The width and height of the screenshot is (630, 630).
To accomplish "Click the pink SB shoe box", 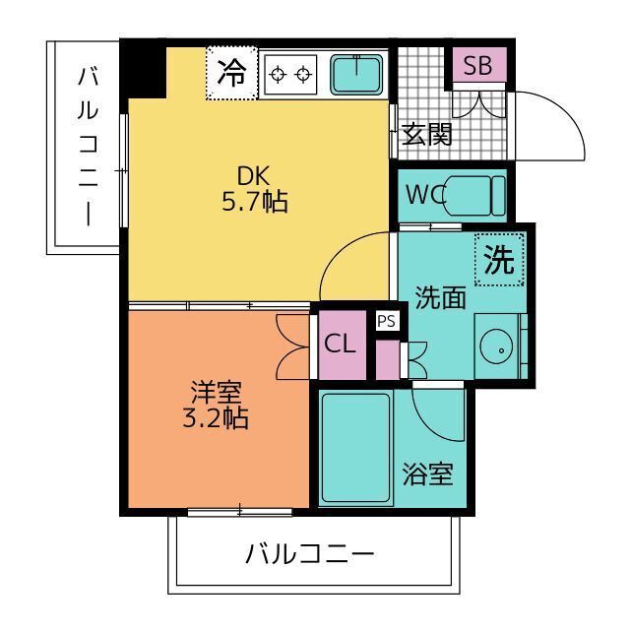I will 479,66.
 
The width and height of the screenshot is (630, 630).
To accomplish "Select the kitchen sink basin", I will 355,74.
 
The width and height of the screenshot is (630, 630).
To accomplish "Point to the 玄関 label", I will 427,135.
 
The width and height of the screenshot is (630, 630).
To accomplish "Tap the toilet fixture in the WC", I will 476,195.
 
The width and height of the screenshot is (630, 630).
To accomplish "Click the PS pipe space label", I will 385,321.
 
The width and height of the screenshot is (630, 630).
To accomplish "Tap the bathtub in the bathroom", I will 356,448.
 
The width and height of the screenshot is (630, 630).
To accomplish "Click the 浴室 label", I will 429,473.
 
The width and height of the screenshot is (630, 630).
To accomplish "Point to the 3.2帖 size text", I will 214,418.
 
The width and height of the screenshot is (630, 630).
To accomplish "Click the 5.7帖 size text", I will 254,203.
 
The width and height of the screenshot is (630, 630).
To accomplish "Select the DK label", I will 253,176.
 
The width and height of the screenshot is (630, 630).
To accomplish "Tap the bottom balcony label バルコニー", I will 310,553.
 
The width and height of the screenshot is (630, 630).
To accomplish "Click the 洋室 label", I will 214,392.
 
